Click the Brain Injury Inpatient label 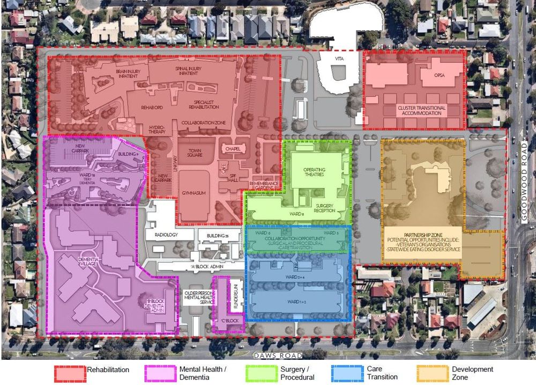click(126, 73)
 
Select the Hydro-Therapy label click(157, 129)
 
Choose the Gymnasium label click(193, 193)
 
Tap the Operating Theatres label click(311, 172)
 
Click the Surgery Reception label click(325, 208)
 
